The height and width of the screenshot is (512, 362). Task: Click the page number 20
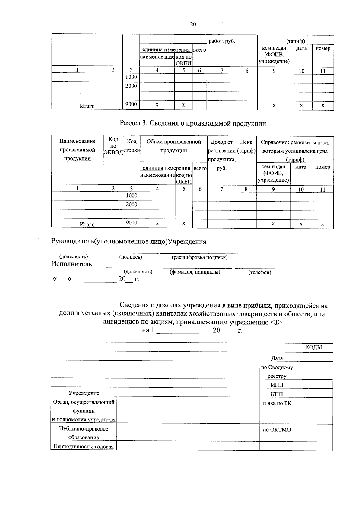click(193, 24)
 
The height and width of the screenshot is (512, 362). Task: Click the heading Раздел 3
click(193, 123)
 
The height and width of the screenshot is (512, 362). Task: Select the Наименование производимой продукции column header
click(78, 150)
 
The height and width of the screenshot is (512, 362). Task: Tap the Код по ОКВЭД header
click(113, 146)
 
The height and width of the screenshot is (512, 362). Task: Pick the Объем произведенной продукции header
click(173, 146)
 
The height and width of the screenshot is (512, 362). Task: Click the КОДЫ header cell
click(313, 347)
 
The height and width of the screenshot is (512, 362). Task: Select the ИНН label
click(277, 384)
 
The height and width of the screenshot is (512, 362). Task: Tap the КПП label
click(277, 393)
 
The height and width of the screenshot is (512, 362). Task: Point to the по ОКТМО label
click(277, 429)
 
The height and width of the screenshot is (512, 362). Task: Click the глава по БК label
click(277, 403)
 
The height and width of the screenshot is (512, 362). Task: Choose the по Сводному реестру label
click(277, 372)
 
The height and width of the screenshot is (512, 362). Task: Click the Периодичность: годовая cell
click(84, 447)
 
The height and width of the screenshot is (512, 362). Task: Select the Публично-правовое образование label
click(84, 433)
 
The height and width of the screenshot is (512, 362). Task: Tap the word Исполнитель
click(71, 264)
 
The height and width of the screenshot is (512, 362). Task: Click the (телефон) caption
click(260, 272)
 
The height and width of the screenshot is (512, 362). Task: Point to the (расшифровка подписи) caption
click(199, 257)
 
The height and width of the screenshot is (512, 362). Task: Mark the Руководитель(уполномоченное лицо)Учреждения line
click(129, 242)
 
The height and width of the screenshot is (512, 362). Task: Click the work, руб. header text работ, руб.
click(222, 41)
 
